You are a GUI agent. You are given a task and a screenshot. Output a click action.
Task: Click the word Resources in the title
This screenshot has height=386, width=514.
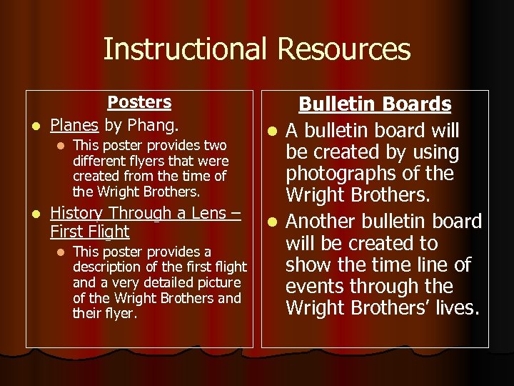(x=343, y=49)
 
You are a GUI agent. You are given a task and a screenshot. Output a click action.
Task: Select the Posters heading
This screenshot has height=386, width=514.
(x=139, y=102)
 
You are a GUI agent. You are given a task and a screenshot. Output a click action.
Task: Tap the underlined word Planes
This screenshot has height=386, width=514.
(x=74, y=126)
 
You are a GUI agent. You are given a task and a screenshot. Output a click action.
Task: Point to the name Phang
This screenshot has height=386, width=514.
(x=153, y=126)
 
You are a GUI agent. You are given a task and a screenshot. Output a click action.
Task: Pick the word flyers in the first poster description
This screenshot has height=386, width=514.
(x=149, y=161)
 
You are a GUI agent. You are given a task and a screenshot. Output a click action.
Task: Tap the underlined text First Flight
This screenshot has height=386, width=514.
(x=90, y=232)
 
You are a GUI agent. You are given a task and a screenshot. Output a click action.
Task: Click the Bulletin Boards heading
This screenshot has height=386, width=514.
(x=375, y=104)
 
